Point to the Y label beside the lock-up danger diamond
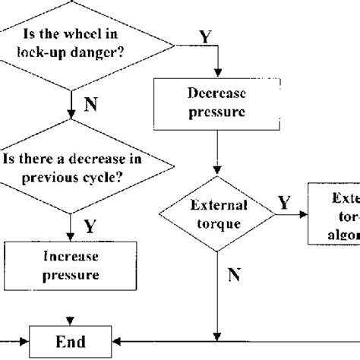point(206,36)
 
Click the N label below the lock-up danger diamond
point(90,105)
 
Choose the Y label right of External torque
point(283,203)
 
